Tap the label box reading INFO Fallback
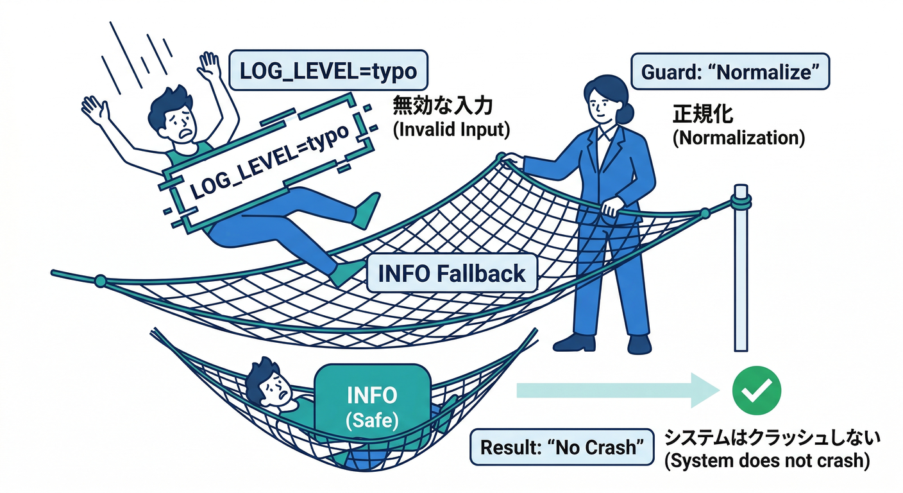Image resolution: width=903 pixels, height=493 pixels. point(452,273)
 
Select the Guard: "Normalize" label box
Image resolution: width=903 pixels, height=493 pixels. point(730,72)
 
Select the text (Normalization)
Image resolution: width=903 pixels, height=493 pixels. point(738,138)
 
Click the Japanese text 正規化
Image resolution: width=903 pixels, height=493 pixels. point(702,114)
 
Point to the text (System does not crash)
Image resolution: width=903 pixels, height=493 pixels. point(767,462)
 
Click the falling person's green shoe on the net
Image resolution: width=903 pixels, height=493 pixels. point(347,272)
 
